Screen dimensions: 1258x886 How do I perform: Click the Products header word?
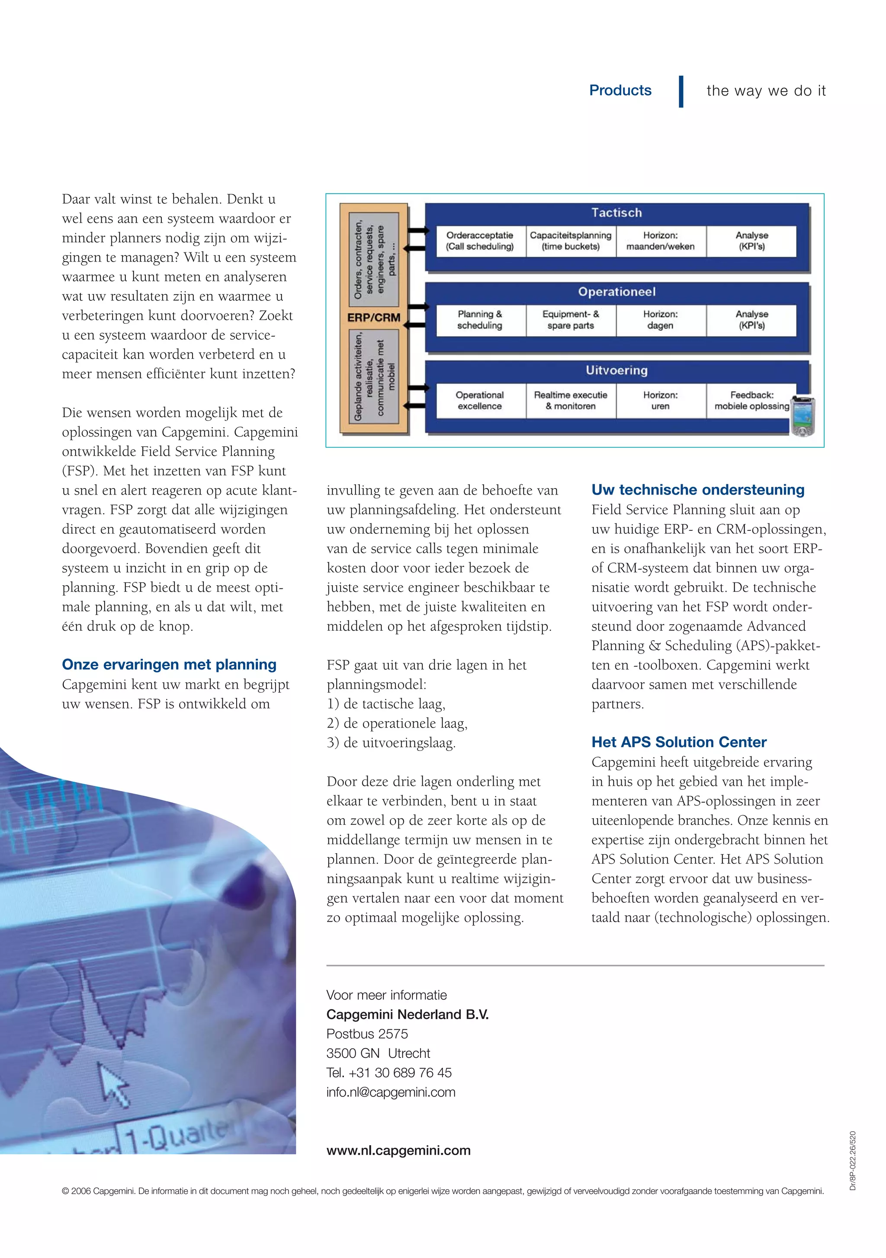620,90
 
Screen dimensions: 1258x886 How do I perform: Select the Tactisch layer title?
616,213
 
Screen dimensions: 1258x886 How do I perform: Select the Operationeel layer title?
616,291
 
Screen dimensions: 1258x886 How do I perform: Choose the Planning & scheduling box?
480,320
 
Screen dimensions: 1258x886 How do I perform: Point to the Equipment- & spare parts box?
570,320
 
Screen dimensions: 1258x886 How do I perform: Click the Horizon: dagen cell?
660,320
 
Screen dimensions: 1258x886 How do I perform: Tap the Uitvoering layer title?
616,370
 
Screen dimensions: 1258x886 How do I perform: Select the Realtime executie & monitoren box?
570,400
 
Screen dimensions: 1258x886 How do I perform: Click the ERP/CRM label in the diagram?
374,318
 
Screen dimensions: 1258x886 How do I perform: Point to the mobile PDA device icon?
803,416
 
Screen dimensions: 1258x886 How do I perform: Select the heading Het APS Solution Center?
679,742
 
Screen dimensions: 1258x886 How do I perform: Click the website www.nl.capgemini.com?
398,1150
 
